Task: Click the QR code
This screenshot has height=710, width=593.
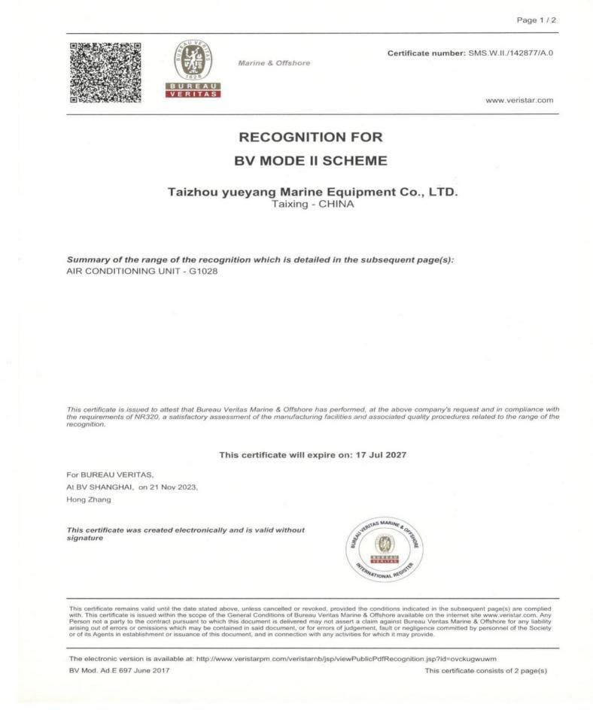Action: [105, 72]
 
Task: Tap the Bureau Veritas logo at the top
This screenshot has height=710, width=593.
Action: [192, 68]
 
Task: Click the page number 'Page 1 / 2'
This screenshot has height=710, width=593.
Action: [536, 20]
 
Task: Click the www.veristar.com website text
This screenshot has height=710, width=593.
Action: [519, 100]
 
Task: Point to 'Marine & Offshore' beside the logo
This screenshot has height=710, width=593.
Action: [274, 63]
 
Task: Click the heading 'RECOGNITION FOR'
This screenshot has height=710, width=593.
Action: [310, 138]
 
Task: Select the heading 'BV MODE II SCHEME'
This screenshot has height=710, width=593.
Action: [310, 161]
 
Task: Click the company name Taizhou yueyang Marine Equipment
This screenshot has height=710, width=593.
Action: [312, 193]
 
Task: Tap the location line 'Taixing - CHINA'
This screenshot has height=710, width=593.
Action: [312, 204]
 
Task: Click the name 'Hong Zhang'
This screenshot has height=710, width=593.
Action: [88, 499]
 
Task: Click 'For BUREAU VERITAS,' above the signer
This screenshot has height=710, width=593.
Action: [110, 475]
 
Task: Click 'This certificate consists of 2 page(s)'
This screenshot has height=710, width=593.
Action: [485, 670]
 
